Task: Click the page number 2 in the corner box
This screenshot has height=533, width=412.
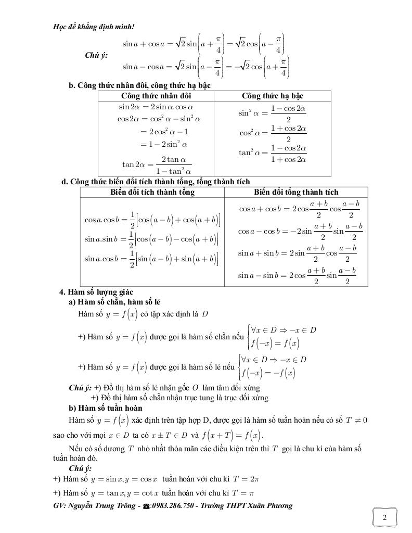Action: (x=384, y=517)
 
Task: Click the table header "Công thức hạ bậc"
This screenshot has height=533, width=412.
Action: (x=273, y=96)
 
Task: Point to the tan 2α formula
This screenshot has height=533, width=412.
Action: (x=157, y=164)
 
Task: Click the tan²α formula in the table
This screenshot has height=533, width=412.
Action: (x=273, y=154)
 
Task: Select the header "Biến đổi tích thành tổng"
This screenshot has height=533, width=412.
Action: (x=152, y=192)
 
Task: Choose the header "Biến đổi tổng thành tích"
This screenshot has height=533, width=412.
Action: (x=296, y=192)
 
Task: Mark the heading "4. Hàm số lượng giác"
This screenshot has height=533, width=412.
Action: (x=96, y=292)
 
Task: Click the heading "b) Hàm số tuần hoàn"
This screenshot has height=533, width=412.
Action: (x=106, y=408)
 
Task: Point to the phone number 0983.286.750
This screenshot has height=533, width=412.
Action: (x=177, y=505)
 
